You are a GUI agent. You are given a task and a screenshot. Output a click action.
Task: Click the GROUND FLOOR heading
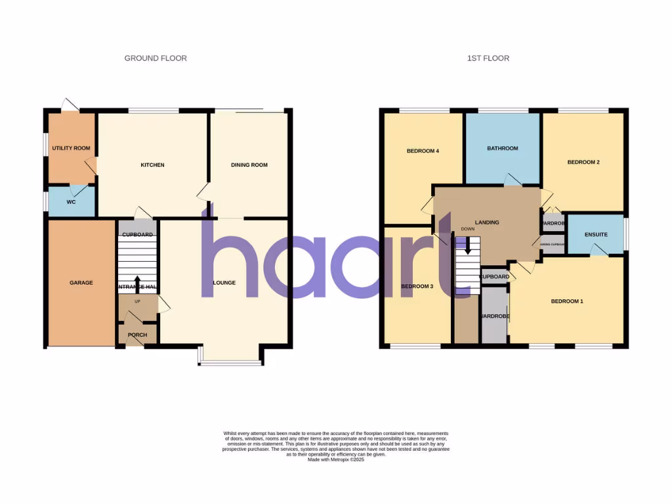(x=156, y=58)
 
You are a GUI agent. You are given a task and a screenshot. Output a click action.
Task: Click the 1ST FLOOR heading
(x=488, y=58)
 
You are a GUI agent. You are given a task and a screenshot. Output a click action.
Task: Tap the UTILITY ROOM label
(x=71, y=148)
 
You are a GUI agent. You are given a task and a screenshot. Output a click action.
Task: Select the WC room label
(x=71, y=202)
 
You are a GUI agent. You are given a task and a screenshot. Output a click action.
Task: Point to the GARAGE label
(x=81, y=283)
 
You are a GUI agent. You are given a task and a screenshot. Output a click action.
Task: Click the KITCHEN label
(x=152, y=165)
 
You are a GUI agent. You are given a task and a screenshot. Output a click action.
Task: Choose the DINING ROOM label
(x=249, y=165)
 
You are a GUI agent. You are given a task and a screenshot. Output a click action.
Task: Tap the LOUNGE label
(x=224, y=283)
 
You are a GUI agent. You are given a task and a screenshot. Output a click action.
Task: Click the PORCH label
(x=137, y=335)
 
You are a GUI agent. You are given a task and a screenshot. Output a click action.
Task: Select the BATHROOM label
(x=503, y=148)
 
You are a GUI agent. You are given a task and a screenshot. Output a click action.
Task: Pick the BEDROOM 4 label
(x=423, y=151)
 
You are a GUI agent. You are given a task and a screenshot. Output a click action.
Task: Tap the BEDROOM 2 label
(x=583, y=162)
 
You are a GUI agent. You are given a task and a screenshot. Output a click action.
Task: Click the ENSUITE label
(x=595, y=234)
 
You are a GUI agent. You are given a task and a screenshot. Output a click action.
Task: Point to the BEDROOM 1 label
(x=567, y=301)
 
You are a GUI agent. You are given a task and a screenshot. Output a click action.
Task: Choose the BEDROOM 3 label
(x=417, y=286)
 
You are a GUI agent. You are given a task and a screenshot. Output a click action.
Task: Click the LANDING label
(x=487, y=222)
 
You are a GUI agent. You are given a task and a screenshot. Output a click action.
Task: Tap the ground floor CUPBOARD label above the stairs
(x=137, y=234)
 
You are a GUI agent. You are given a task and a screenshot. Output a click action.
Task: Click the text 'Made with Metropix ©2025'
(x=336, y=459)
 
